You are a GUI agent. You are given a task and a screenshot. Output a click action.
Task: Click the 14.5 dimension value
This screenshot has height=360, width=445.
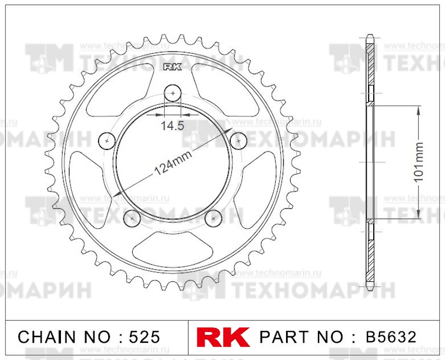pos(172,125)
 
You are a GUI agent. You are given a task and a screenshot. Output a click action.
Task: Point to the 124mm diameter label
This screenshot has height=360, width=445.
pos(173,163)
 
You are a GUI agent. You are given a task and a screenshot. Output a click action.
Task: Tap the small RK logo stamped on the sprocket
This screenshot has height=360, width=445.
pos(172,67)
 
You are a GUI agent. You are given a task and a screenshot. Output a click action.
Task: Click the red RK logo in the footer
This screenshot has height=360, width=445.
pos(223,337)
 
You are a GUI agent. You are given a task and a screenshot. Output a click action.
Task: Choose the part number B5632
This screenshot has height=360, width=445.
pos(391,337)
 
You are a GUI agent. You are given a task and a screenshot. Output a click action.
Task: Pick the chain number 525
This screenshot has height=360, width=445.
pos(144,337)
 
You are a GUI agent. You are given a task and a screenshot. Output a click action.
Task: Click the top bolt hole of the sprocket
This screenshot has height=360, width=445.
pos(172,93)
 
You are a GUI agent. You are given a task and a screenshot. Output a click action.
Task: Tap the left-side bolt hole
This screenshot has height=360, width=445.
pos(107,141)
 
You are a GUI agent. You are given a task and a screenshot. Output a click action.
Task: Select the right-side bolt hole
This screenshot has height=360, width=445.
pos(238,141)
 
